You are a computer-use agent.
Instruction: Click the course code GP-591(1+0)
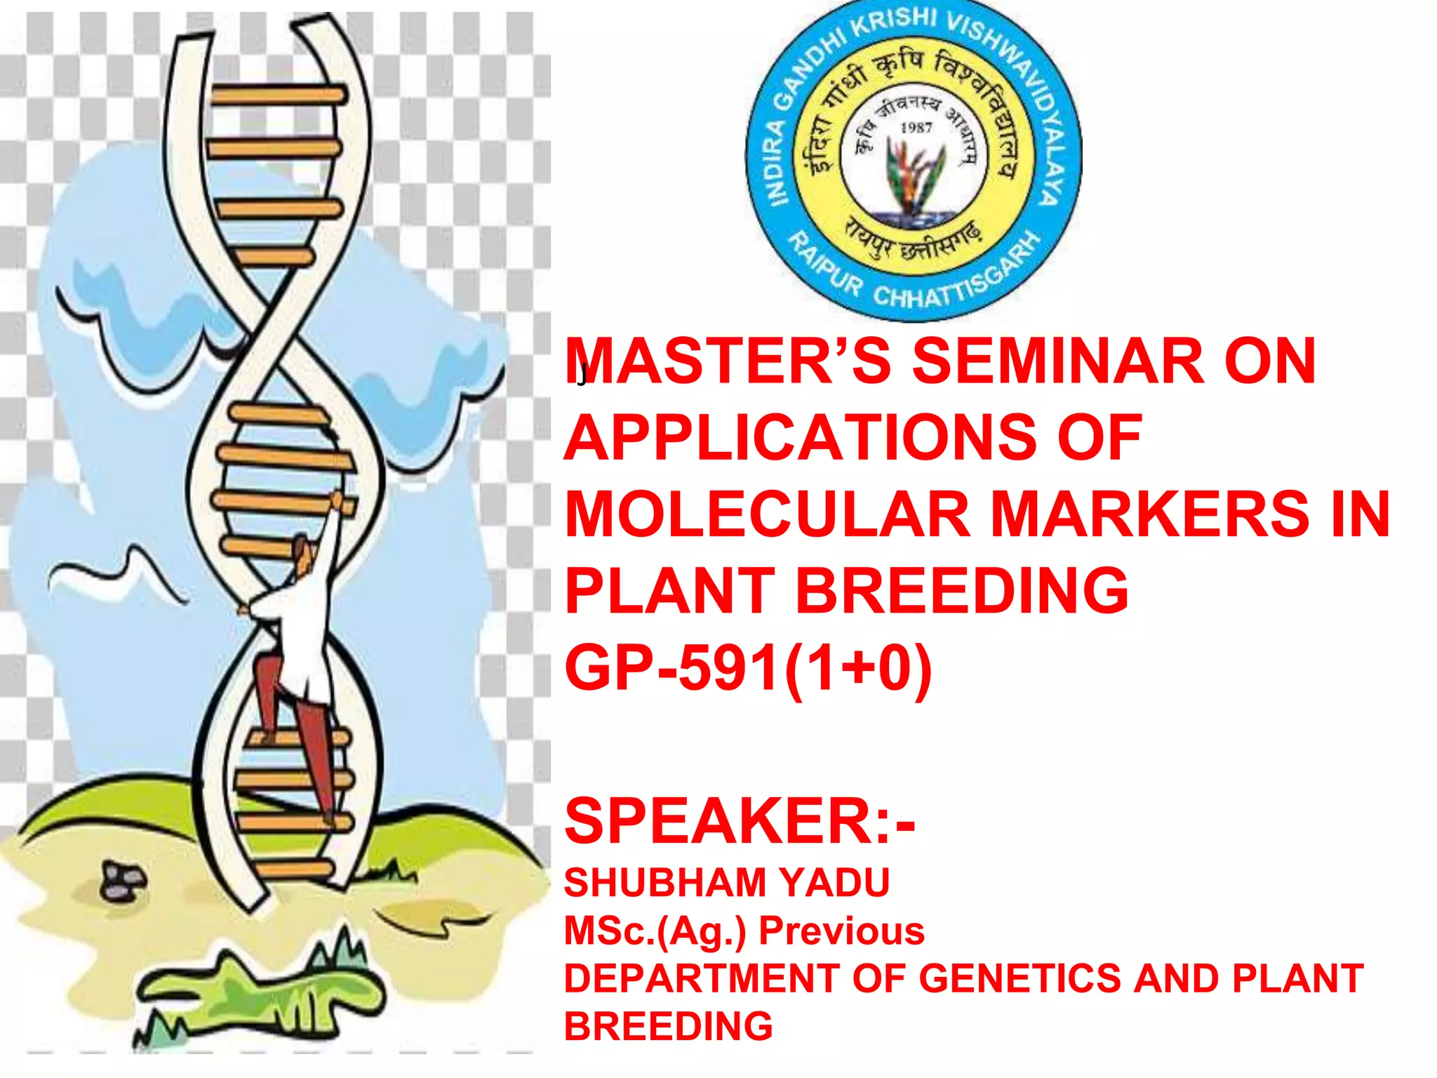click(x=748, y=668)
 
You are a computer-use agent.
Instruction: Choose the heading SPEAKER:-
click(x=740, y=821)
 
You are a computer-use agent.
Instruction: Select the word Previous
click(x=841, y=931)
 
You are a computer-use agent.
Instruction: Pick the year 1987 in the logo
click(x=916, y=128)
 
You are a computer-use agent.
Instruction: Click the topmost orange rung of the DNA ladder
click(x=278, y=95)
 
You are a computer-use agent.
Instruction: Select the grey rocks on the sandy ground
click(x=123, y=881)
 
